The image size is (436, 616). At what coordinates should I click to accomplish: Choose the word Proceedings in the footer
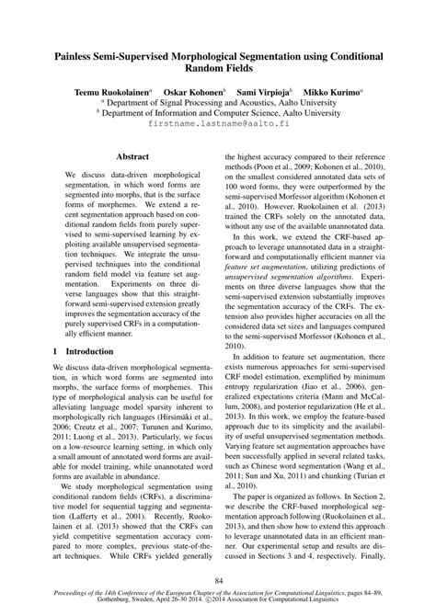80,596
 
